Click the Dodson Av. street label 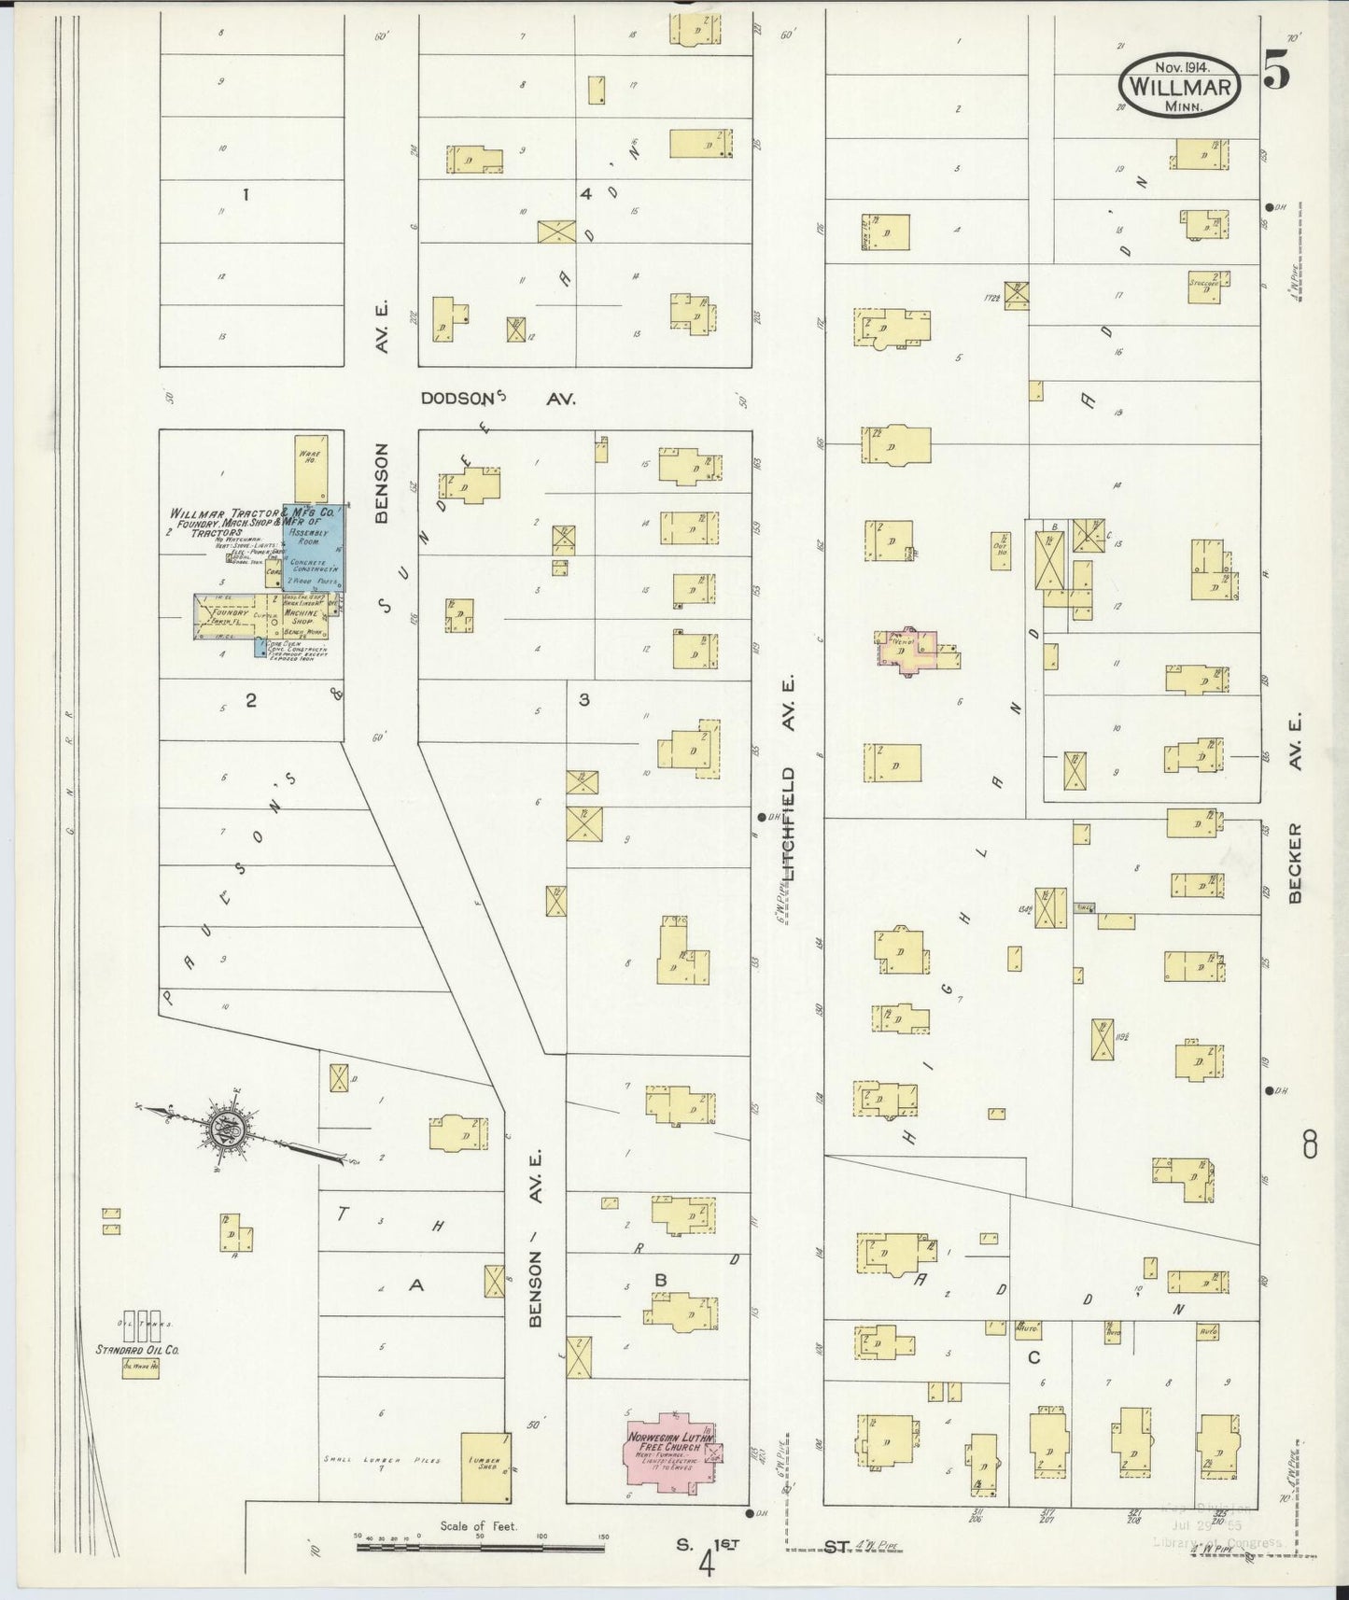498,399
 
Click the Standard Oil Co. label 136,1349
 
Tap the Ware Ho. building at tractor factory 310,468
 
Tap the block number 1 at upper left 246,195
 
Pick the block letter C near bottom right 1033,1357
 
